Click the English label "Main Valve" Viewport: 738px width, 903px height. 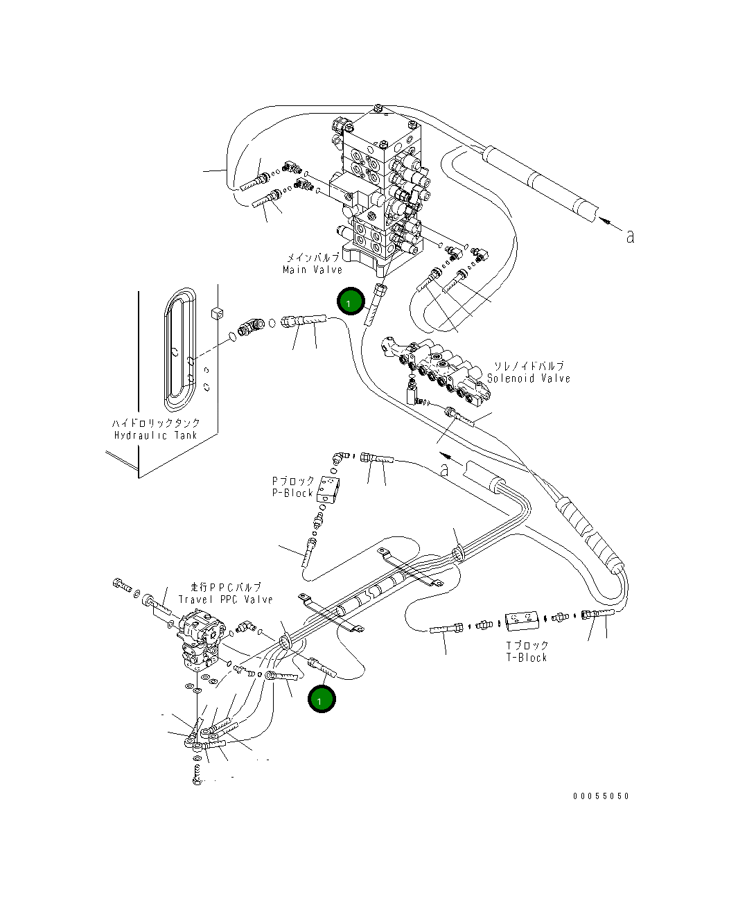(x=312, y=270)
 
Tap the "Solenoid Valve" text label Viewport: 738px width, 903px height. (x=528, y=378)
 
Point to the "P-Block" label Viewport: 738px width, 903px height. (x=292, y=493)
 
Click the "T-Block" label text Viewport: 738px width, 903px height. (x=527, y=657)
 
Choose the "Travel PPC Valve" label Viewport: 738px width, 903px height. (x=226, y=599)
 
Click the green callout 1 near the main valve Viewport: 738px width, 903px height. (x=350, y=302)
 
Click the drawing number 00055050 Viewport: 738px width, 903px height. (x=601, y=796)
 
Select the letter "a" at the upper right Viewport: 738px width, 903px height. (x=629, y=236)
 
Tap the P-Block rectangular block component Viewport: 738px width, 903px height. (x=329, y=488)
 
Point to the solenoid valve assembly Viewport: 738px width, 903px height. (x=439, y=371)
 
